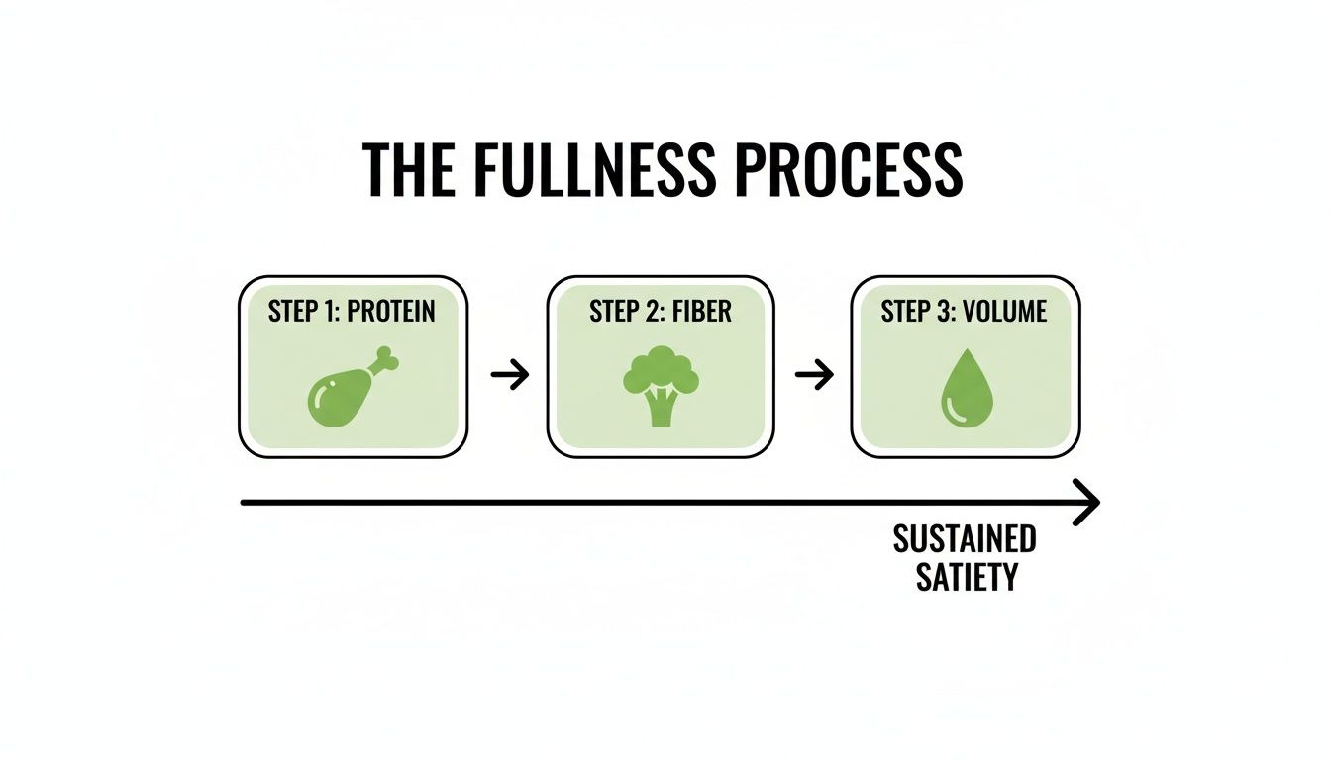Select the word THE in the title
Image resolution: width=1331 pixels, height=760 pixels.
(408, 170)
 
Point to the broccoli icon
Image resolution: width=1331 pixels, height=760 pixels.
(661, 386)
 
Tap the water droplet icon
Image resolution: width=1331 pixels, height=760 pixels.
(965, 390)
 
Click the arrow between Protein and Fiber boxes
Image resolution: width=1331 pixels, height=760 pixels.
(510, 375)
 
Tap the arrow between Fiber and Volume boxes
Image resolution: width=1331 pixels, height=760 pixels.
(814, 375)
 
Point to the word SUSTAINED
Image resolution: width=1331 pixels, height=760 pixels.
(964, 540)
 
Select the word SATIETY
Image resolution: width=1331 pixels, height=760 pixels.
(967, 576)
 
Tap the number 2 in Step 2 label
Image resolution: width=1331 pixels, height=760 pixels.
(647, 311)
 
